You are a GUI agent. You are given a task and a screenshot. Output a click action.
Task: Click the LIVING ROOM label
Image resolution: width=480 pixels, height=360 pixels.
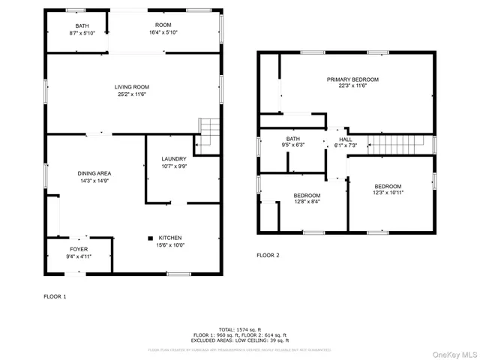point(131,87)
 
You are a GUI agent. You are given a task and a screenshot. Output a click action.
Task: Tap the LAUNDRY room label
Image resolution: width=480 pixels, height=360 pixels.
point(174,158)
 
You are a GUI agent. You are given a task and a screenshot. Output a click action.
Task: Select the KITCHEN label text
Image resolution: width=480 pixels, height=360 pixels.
point(169,237)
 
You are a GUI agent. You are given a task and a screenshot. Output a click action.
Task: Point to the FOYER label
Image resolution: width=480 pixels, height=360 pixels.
point(79,249)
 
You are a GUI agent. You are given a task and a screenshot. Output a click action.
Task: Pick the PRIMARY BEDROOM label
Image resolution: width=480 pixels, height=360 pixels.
point(352,79)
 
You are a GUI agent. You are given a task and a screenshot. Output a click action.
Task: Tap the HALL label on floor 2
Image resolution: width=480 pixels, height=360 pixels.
point(345,139)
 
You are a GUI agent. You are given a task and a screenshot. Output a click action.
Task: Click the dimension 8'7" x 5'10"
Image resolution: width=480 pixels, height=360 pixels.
point(76,33)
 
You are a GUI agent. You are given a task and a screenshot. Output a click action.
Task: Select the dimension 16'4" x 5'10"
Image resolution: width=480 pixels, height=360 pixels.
point(163,33)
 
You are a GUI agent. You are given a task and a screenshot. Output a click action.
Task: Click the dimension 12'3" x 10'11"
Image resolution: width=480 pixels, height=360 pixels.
point(388,193)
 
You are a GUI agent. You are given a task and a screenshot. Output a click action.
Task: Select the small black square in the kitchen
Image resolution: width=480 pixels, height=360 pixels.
point(148,237)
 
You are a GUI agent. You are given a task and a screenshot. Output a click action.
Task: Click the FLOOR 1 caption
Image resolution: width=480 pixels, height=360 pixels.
point(55,296)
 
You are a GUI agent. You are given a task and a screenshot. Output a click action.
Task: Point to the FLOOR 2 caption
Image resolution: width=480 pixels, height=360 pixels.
point(268,255)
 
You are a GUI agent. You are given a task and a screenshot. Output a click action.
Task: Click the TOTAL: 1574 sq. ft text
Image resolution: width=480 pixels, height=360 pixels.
point(240,329)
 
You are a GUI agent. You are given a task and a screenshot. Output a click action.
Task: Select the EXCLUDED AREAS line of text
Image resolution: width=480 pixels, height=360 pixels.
point(240,340)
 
